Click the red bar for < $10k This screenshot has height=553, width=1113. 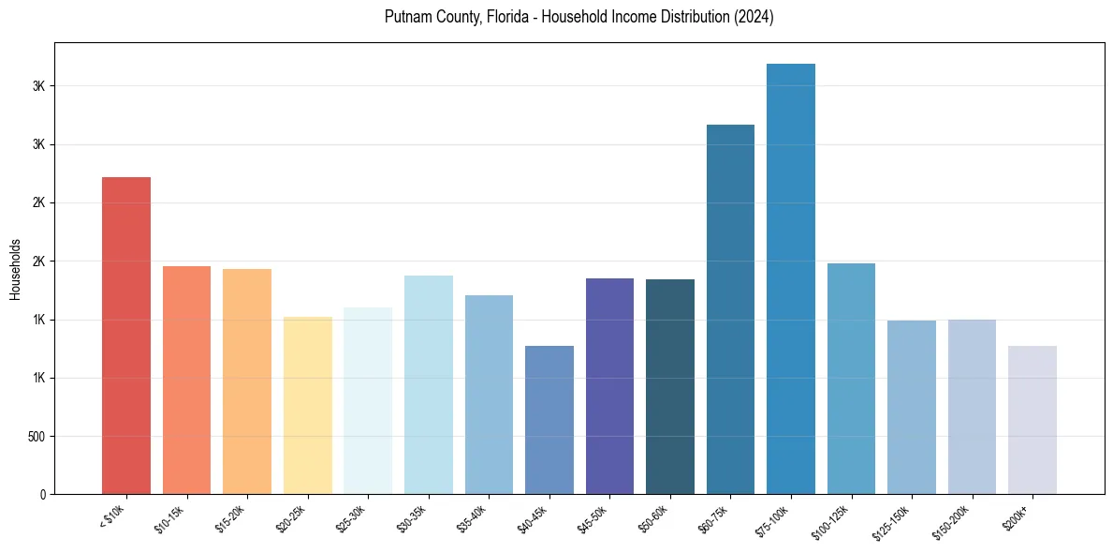pos(125,336)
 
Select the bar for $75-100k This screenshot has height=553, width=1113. pos(790,279)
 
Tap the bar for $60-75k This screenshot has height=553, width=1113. pos(730,309)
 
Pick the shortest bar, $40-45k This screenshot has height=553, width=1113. pos(549,420)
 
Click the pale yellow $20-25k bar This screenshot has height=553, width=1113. pos(307,405)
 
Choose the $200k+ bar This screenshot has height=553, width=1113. pos(1032,420)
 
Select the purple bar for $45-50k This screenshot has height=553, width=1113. pos(609,386)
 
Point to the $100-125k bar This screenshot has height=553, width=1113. pos(851,379)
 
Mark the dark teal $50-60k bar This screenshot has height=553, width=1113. pos(669,386)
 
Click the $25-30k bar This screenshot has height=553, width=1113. pos(367,401)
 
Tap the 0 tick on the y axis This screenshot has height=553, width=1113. pos(42,495)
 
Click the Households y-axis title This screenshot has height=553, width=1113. pos(16,269)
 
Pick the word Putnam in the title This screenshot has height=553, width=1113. pos(406,18)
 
